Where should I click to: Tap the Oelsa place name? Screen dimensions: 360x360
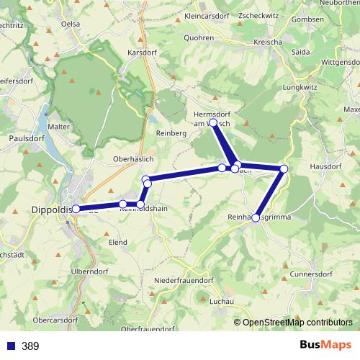(x=71, y=23)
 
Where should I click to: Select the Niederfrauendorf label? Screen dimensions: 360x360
(x=184, y=279)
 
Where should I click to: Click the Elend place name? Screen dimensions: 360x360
(x=118, y=243)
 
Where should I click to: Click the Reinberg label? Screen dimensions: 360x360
(x=171, y=134)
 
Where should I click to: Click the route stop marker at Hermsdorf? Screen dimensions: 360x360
(x=213, y=123)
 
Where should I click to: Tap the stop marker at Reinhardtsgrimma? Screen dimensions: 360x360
(x=256, y=217)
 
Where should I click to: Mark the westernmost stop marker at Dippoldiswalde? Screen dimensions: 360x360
(x=76, y=209)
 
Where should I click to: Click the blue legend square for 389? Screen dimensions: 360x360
(x=11, y=346)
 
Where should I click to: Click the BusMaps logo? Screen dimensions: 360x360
(x=325, y=345)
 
